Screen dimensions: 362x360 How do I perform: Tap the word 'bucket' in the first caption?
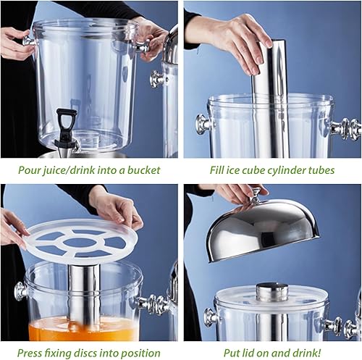[143, 170]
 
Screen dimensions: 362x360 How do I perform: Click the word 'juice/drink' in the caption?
[67, 171]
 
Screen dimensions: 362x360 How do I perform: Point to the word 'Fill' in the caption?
[215, 170]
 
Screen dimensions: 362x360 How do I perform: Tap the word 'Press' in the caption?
[30, 353]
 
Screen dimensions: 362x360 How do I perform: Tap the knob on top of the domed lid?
[255, 196]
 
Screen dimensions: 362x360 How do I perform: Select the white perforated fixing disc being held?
[83, 240]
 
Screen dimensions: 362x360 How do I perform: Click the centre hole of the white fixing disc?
[83, 243]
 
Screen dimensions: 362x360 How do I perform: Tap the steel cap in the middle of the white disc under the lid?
[272, 292]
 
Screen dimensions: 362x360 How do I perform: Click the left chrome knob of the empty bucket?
[30, 42]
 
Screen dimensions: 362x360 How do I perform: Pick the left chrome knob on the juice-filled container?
[21, 292]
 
